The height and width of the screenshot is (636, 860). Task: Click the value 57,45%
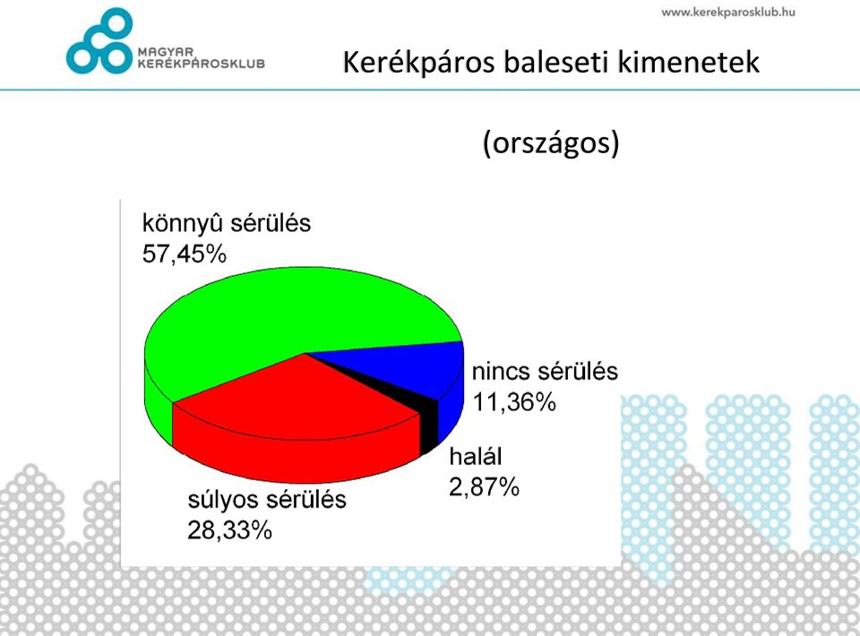[185, 254]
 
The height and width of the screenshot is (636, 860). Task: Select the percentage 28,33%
[230, 530]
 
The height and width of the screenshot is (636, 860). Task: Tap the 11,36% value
[514, 402]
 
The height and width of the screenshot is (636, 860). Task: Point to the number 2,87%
[484, 487]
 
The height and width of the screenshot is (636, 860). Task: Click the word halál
[476, 456]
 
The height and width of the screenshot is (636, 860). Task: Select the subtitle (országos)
[551, 143]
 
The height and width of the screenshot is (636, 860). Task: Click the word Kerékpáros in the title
[419, 62]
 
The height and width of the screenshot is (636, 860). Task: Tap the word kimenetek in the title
[688, 62]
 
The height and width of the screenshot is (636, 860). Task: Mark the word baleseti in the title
[556, 62]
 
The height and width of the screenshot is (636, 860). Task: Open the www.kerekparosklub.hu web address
[727, 12]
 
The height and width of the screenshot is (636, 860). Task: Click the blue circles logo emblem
[99, 41]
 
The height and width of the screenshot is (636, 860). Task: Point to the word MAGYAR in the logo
[166, 52]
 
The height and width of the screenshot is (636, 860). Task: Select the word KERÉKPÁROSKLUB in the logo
[202, 63]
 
